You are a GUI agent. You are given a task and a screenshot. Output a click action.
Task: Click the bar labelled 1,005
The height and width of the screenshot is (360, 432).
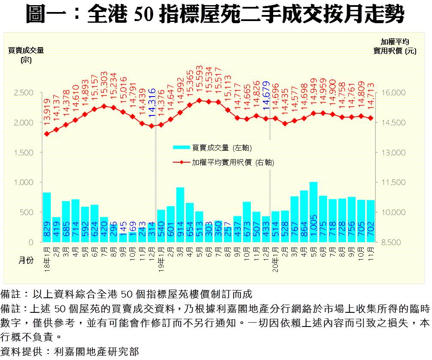(x=313, y=212)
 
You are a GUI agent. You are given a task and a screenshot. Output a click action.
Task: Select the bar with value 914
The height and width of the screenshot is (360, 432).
(x=180, y=215)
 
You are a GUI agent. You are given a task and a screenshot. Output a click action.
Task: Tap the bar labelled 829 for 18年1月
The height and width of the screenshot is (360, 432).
(x=47, y=217)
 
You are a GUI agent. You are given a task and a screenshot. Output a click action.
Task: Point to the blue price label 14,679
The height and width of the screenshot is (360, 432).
(x=266, y=93)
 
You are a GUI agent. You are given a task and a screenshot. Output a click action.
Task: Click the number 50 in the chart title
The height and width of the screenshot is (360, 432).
(x=143, y=15)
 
